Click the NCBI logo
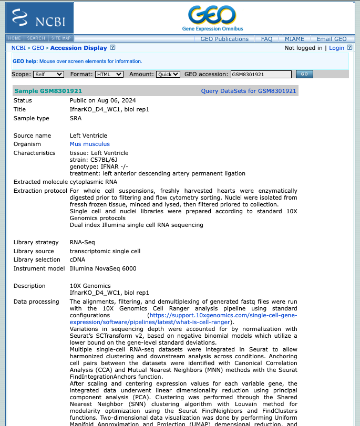pos(39,18)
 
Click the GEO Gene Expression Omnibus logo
pos(212,18)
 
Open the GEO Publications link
pos(224,39)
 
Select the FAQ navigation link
pos(266,39)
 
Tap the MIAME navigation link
pos(294,39)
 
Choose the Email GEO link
pos(332,39)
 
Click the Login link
pos(336,48)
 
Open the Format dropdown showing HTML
pos(109,75)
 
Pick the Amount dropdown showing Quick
pos(168,75)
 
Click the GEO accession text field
pos(261,75)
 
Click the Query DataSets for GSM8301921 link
pos(249,91)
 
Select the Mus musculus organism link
pos(90,144)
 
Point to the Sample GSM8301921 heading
pos(48,91)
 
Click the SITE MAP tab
pos(61,38)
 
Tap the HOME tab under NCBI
pos(15,38)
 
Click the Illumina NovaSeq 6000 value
pos(103,268)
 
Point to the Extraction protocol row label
pos(40,191)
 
